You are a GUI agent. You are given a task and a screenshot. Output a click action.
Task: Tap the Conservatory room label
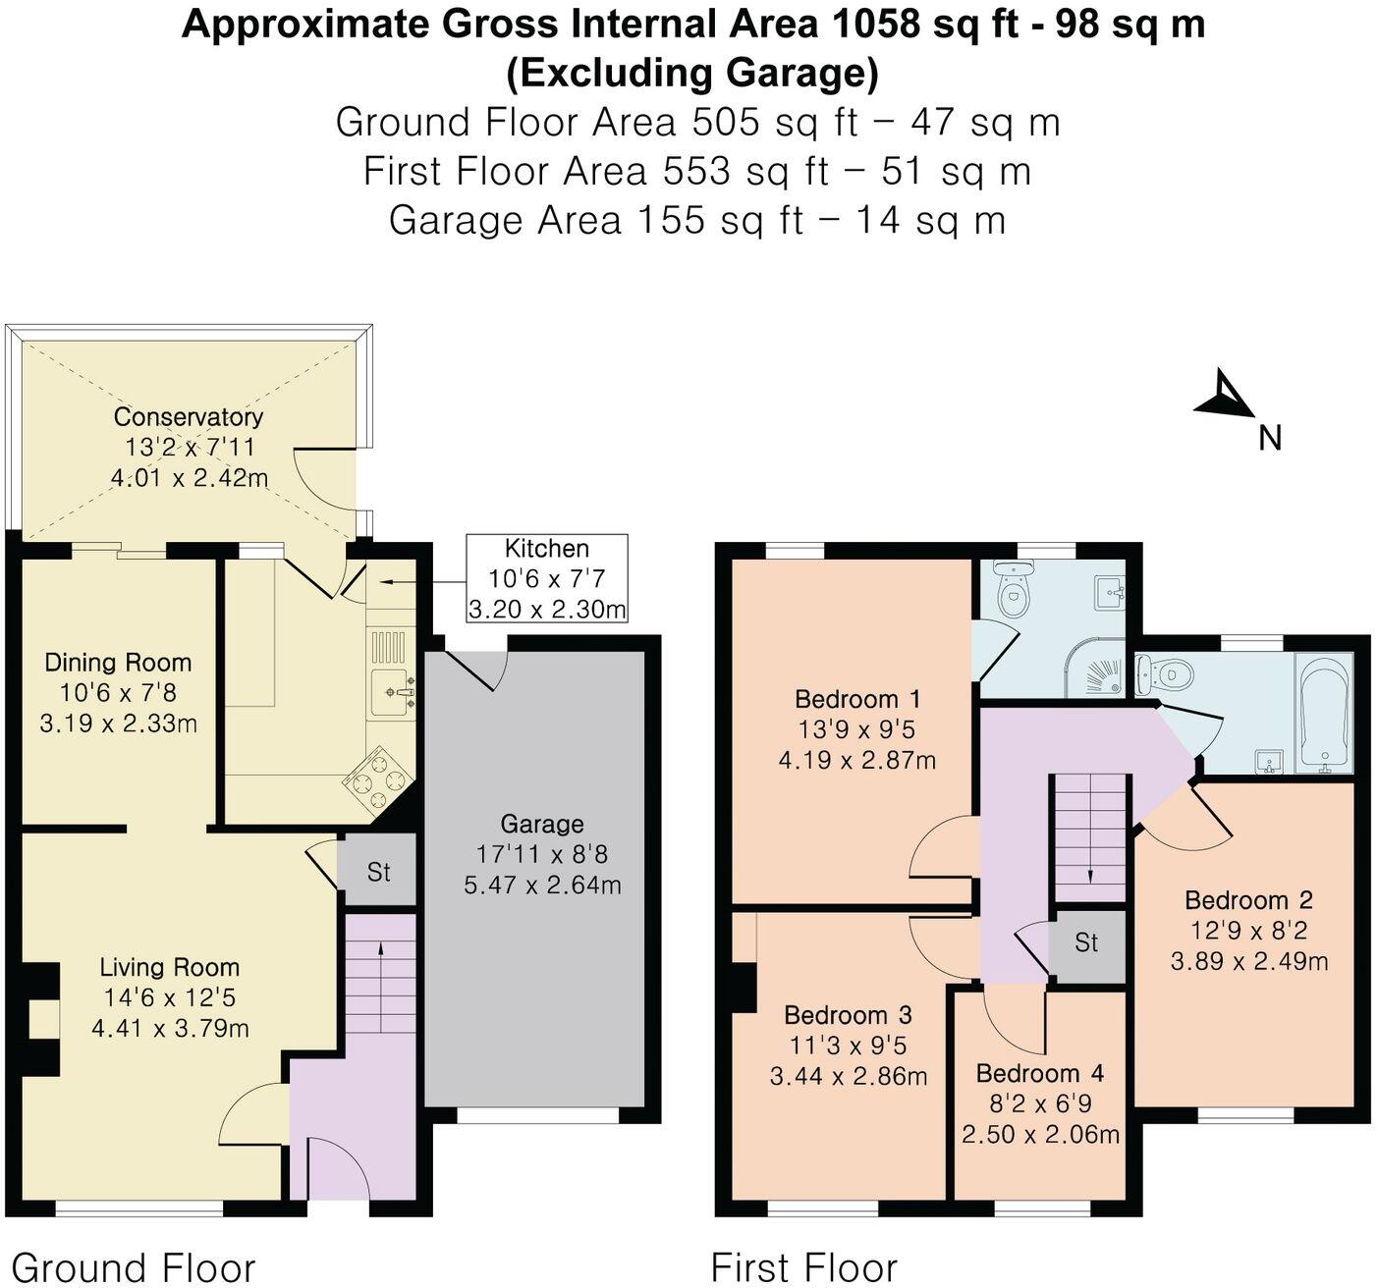[188, 416]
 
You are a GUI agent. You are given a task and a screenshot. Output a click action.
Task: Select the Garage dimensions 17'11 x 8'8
[542, 854]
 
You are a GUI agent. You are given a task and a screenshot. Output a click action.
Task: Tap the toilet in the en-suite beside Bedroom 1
[1013, 587]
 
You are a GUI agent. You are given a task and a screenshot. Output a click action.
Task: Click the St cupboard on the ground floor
[378, 871]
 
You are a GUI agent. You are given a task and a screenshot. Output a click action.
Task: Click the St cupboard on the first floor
[1086, 943]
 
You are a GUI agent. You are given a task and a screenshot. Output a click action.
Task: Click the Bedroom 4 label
[1040, 1073]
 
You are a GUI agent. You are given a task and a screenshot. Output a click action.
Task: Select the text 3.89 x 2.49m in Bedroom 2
[1248, 961]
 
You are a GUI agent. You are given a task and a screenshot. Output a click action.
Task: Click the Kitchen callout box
[547, 578]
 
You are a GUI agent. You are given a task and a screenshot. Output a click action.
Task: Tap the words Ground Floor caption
[133, 1266]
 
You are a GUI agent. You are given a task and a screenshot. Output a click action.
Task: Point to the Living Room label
[169, 967]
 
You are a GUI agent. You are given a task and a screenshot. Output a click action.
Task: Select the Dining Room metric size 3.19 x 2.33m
[118, 724]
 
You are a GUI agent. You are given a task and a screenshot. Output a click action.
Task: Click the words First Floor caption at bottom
[803, 1266]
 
